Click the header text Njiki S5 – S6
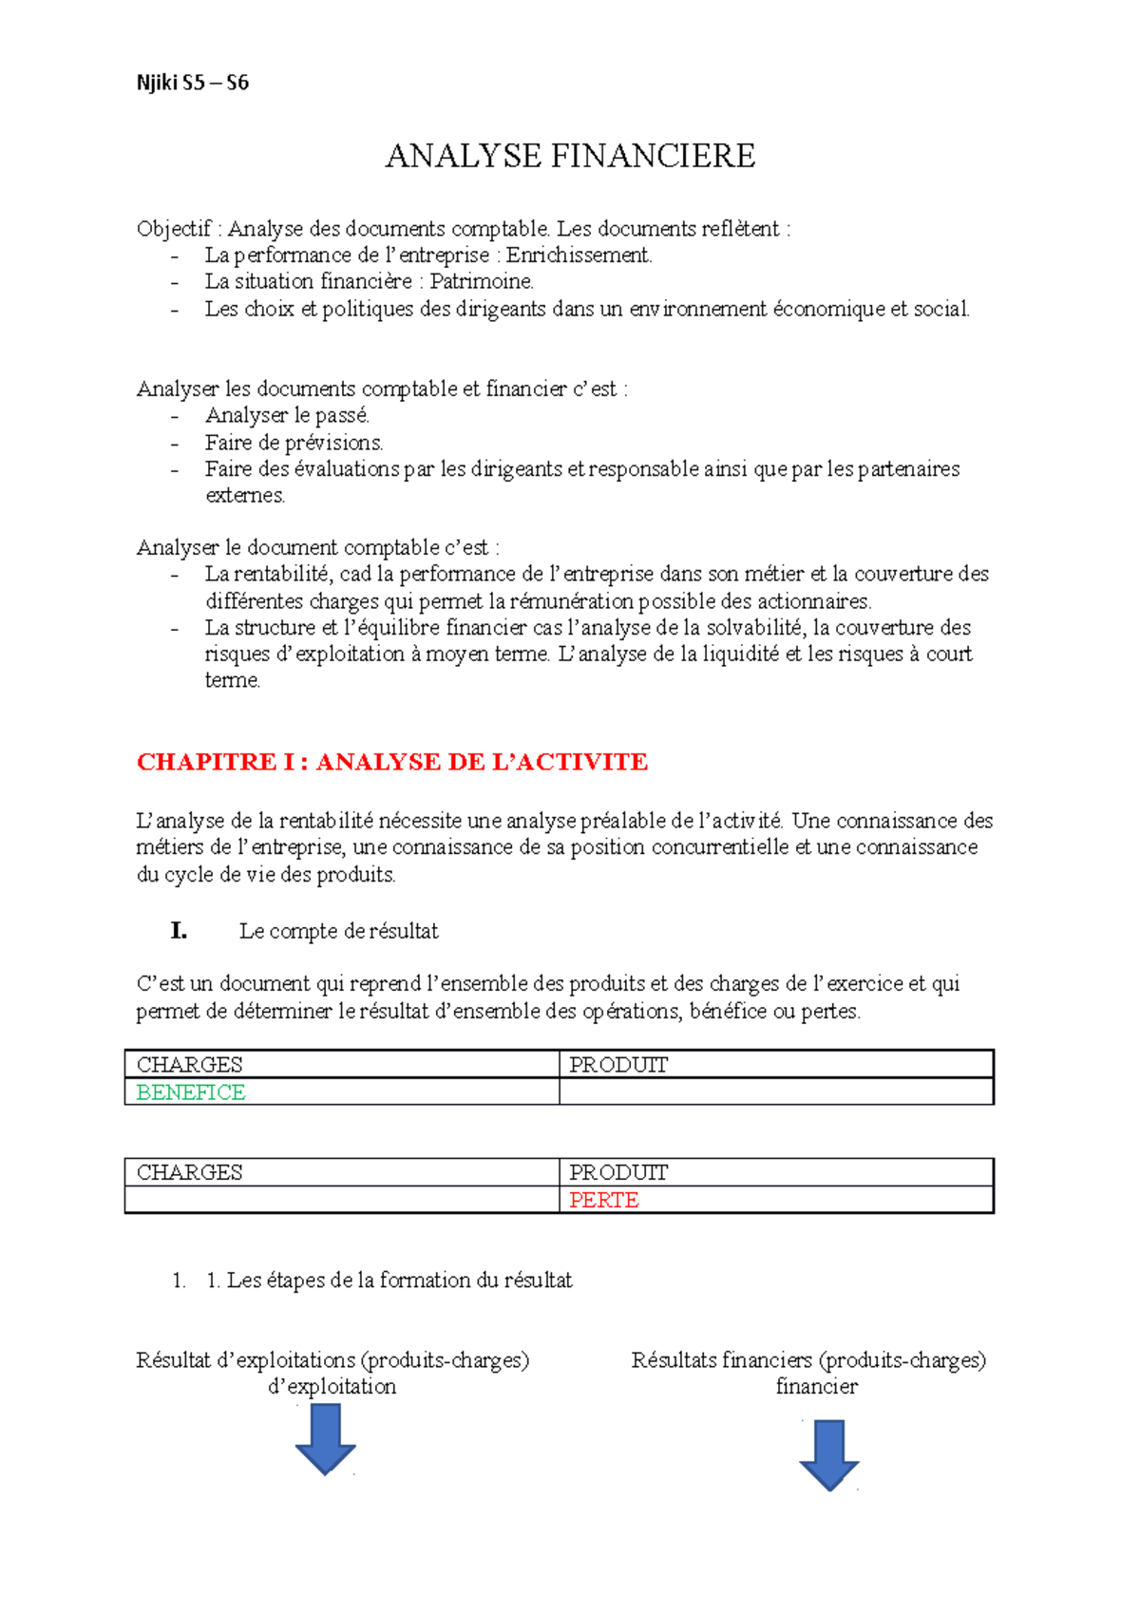click(x=192, y=83)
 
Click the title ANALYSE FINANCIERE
click(x=570, y=156)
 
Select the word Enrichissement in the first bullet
click(x=579, y=256)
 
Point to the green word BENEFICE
click(x=191, y=1092)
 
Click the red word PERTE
click(x=603, y=1200)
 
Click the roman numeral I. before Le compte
click(x=179, y=931)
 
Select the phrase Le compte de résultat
click(x=338, y=932)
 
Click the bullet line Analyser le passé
click(x=287, y=415)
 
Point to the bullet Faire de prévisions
click(x=294, y=443)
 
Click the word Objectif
click(x=173, y=229)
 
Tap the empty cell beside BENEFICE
click(x=775, y=1092)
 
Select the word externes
click(x=244, y=496)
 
